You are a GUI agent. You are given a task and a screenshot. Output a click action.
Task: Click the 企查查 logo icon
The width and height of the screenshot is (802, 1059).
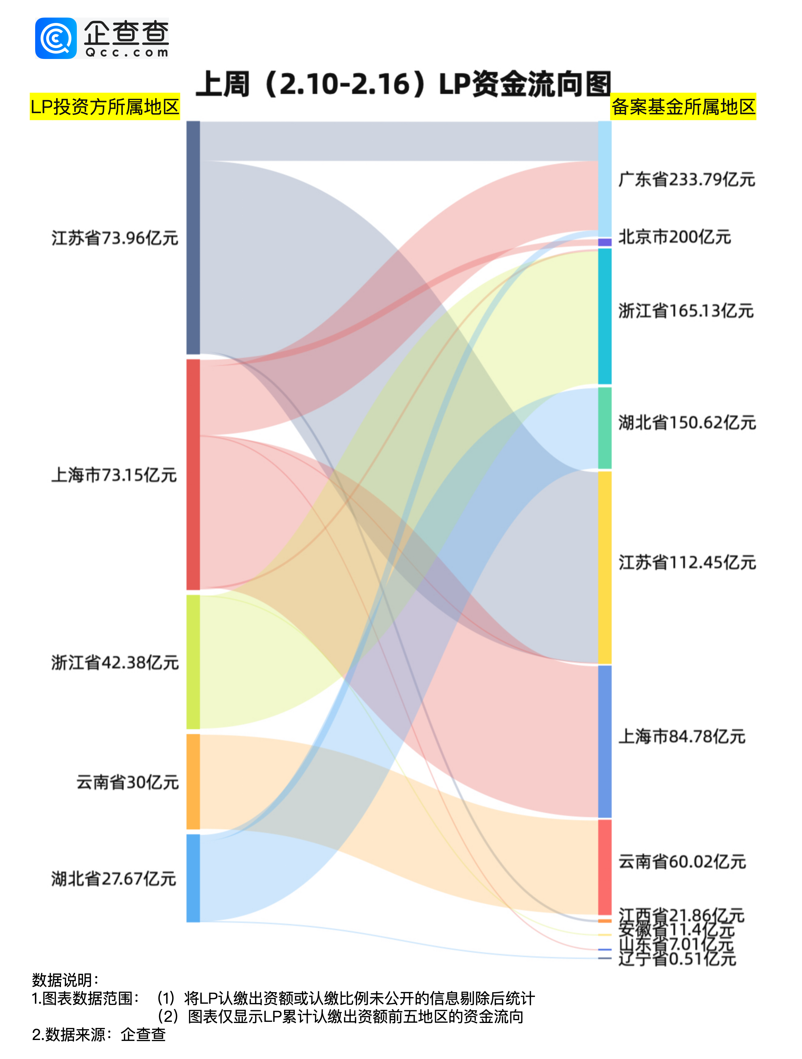point(56,38)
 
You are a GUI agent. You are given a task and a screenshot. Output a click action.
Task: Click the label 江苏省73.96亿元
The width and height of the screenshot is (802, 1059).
point(115,238)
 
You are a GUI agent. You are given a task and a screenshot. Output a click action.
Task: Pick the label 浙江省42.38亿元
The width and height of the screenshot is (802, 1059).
point(115,663)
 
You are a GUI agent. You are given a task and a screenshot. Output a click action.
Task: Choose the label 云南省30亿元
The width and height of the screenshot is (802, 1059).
point(127,782)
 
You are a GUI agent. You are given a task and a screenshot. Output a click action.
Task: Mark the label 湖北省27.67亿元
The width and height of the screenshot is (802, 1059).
point(114,878)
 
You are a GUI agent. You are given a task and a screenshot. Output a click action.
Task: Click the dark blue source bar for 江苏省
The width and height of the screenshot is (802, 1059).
point(193,238)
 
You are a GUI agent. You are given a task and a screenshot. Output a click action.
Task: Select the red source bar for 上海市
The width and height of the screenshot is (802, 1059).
point(193,474)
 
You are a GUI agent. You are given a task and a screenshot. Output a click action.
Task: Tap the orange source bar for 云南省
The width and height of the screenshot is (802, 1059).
point(193,781)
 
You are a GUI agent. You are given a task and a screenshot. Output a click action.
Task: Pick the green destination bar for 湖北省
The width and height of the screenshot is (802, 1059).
point(605,428)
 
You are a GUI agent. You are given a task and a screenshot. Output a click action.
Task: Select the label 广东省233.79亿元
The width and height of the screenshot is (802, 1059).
point(687,179)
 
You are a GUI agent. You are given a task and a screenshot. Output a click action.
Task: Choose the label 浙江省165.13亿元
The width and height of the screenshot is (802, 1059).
point(686,311)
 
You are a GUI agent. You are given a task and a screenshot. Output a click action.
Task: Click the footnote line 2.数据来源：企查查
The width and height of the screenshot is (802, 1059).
point(99,1035)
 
